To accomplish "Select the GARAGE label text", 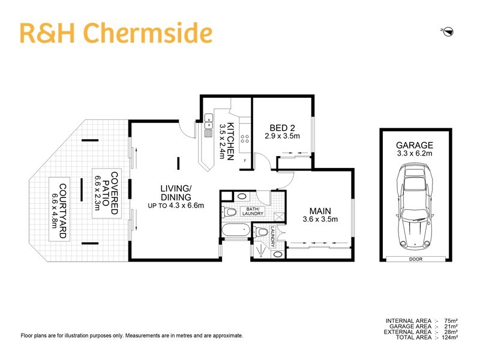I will pyautogui.click(x=414, y=146).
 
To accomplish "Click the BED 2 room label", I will pyautogui.click(x=282, y=128).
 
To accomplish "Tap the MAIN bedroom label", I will pyautogui.click(x=320, y=211).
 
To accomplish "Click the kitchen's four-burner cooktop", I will pyautogui.click(x=245, y=139).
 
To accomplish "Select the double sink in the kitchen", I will pyautogui.click(x=209, y=122).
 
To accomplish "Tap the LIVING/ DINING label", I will pyautogui.click(x=176, y=193).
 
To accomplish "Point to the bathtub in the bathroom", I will pyautogui.click(x=235, y=231).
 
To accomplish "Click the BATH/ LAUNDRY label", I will pyautogui.click(x=252, y=212).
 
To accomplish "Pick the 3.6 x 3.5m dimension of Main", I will pyautogui.click(x=320, y=220).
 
